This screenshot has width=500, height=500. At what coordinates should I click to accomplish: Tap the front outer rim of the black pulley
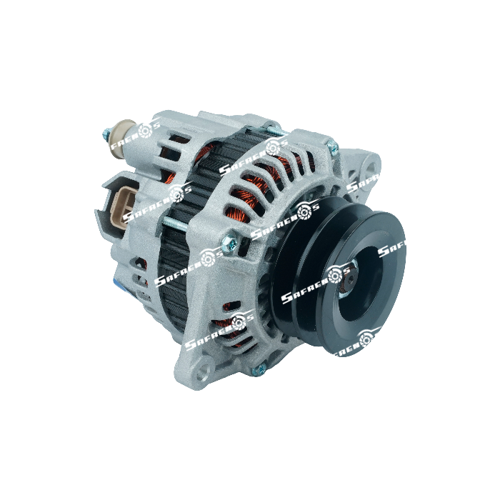pos(386,236)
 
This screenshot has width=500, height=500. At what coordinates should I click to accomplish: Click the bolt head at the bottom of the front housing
pos(260,369)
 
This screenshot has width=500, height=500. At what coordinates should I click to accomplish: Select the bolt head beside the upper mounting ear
pos(331,147)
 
